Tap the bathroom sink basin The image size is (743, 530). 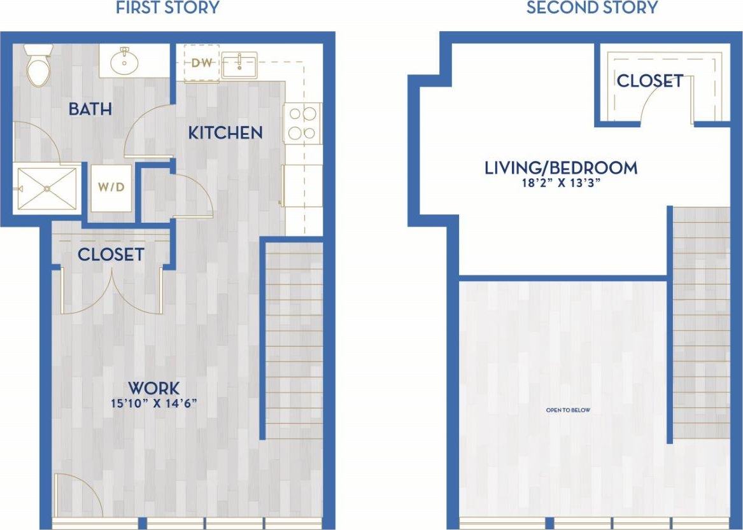click(122, 62)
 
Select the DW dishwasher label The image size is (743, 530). click(202, 64)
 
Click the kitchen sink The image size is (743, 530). click(239, 64)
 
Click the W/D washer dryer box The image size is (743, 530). click(111, 188)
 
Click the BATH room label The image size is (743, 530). click(90, 109)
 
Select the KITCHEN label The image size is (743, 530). click(225, 133)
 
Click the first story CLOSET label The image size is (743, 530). click(111, 255)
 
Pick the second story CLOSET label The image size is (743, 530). click(649, 81)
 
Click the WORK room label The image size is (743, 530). click(153, 387)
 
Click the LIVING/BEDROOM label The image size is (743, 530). click(560, 168)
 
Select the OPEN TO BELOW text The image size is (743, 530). click(568, 410)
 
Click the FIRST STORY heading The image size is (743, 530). click(167, 8)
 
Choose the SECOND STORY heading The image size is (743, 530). click(591, 8)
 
